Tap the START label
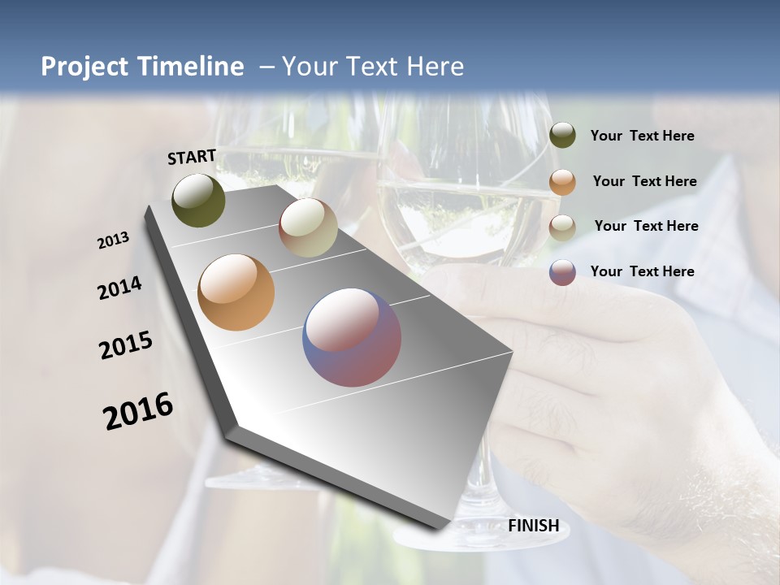(192, 157)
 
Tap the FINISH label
(534, 526)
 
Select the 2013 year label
(114, 240)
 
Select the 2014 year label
(119, 288)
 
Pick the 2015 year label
(126, 345)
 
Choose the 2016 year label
(138, 411)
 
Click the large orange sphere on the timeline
(236, 292)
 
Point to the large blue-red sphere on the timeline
(352, 337)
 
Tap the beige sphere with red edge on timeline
(308, 227)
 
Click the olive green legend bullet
(562, 136)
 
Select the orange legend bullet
(562, 181)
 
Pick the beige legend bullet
(562, 227)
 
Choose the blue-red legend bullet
(562, 272)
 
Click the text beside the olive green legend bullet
(643, 136)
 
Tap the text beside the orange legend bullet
(645, 181)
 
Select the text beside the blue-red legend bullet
(643, 271)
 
